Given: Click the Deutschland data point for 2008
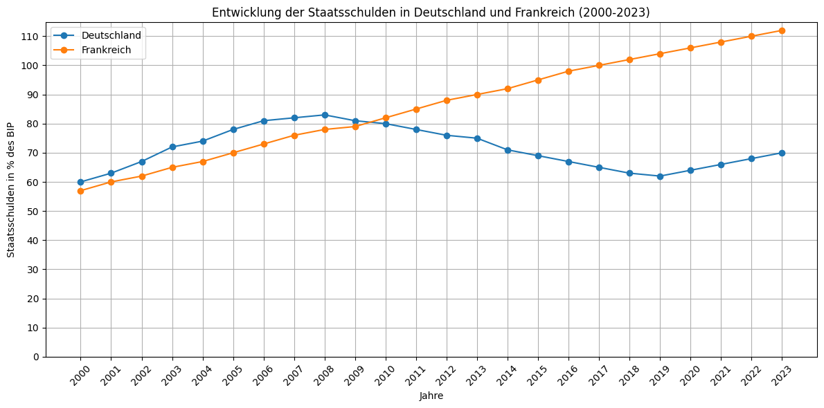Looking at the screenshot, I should [x=325, y=115].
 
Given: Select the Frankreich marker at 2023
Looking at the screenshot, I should [x=782, y=30].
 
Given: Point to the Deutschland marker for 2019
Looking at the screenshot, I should [x=660, y=176].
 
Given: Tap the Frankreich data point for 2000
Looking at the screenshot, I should [x=81, y=191].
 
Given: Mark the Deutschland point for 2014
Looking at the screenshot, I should [x=508, y=150].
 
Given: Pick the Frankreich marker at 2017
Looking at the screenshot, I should [x=599, y=66].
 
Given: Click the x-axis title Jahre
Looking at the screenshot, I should [x=431, y=396].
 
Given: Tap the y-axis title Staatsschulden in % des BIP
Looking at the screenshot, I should [x=11, y=190].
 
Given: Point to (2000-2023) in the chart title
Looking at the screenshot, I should [x=614, y=12].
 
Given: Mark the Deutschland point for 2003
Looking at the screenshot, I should [x=172, y=147].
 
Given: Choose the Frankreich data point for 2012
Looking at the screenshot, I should [x=447, y=100].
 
